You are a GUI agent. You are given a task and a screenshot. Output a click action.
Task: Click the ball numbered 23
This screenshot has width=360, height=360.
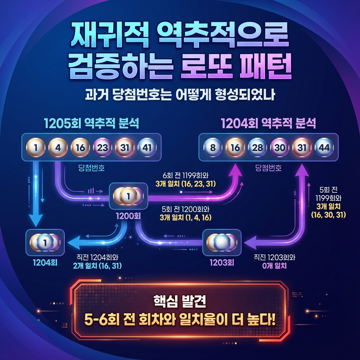click(x=103, y=148)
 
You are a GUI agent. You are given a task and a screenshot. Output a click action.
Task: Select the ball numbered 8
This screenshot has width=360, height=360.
click(x=213, y=148)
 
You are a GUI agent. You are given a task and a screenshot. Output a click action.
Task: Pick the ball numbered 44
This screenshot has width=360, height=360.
click(x=324, y=148)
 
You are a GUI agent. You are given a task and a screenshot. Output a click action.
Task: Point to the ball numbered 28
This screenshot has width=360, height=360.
click(x=258, y=148)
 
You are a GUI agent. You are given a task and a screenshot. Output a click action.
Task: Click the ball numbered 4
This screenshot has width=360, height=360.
click(x=58, y=148)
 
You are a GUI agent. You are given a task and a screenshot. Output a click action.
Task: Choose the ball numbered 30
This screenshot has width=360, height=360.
click(x=280, y=148)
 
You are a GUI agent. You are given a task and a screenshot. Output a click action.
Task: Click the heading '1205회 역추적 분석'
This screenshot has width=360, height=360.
click(x=91, y=123)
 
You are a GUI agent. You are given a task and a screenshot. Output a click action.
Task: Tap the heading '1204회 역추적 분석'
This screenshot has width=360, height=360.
click(x=268, y=123)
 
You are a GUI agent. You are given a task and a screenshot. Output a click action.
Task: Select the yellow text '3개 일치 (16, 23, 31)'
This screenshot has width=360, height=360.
click(x=185, y=184)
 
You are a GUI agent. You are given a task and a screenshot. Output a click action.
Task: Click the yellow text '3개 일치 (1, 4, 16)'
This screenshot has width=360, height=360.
click(x=185, y=218)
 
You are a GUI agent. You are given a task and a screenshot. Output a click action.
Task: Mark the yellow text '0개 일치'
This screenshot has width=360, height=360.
click(x=275, y=266)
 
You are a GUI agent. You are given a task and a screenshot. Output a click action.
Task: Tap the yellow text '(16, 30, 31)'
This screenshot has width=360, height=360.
click(x=328, y=215)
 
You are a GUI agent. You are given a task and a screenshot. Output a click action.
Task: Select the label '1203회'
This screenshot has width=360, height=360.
click(x=222, y=263)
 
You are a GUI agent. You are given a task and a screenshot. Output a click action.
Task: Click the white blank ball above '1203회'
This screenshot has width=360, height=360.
click(x=221, y=242)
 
